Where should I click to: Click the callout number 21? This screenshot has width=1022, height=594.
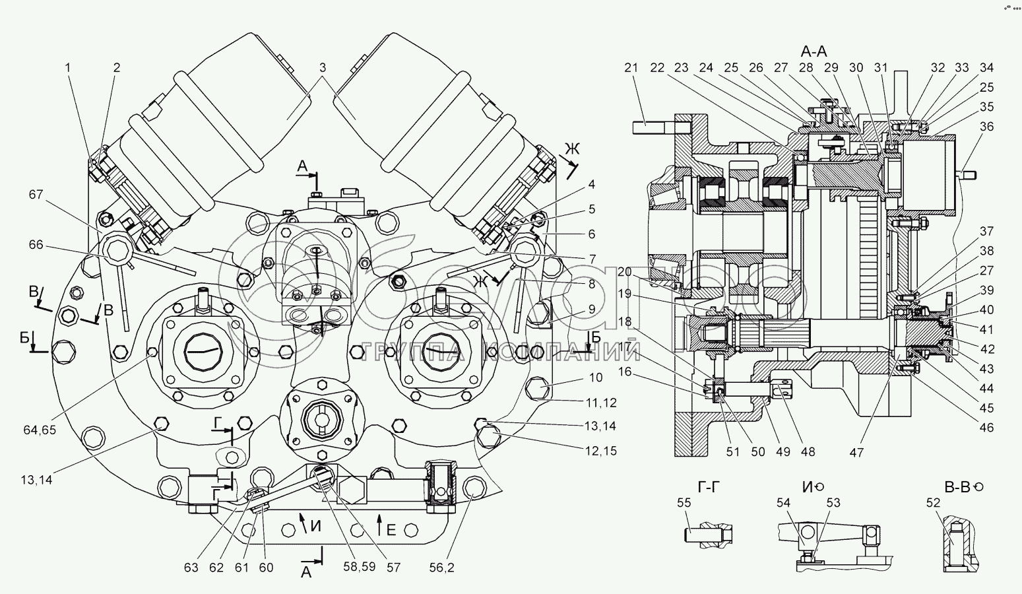click(x=631, y=67)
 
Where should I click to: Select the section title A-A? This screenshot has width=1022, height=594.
click(x=814, y=51)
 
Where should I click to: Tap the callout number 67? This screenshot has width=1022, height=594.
click(x=36, y=194)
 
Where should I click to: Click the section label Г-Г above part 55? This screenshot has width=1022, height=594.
click(x=703, y=487)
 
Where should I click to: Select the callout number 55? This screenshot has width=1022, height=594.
click(x=684, y=503)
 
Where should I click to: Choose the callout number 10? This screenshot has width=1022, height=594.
click(x=596, y=378)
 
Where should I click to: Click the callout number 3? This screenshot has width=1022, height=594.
click(x=323, y=67)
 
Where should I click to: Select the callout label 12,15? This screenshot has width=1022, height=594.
click(x=600, y=451)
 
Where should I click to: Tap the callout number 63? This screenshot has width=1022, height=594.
click(x=191, y=567)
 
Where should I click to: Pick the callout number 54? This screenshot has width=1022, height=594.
click(x=783, y=503)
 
